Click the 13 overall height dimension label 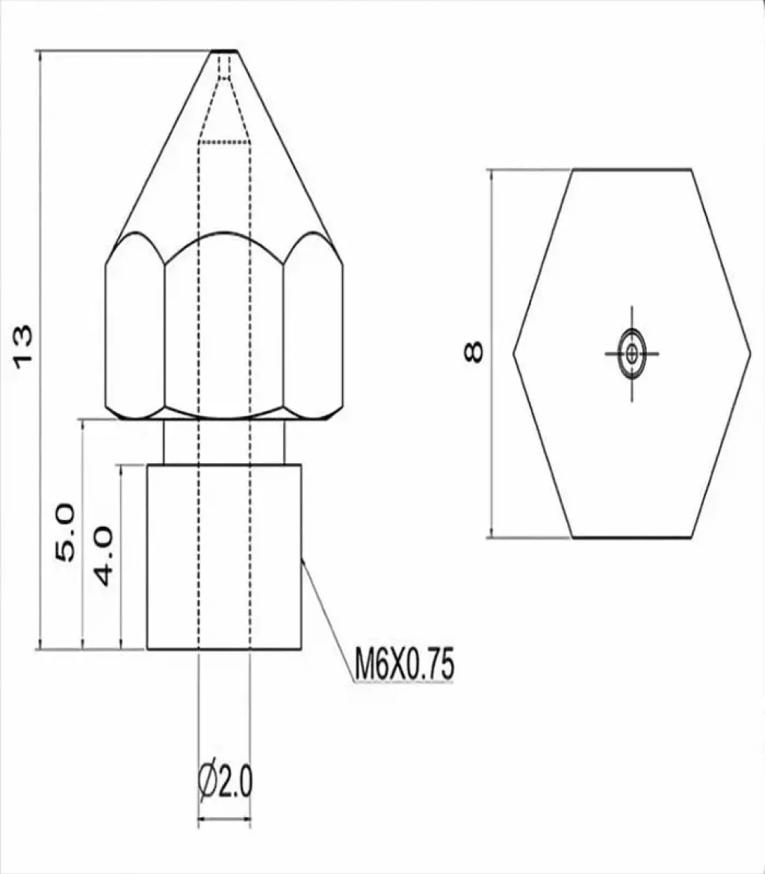point(23,346)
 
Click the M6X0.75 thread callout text point(404,664)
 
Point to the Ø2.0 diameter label point(226,781)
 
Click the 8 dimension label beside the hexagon point(474,353)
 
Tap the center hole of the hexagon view point(632,353)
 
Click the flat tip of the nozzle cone point(225,52)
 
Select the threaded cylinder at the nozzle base point(224,557)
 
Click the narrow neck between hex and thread point(224,441)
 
